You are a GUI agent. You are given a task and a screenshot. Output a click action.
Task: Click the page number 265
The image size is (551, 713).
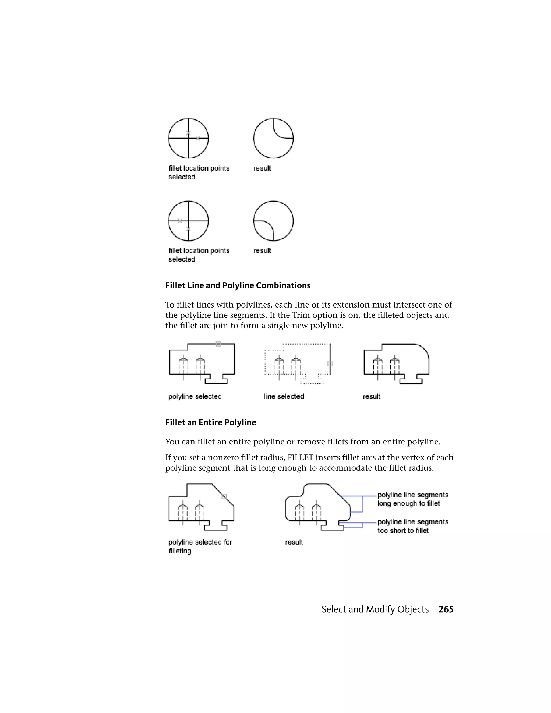(446, 609)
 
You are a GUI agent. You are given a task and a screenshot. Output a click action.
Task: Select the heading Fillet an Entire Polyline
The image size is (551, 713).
(211, 422)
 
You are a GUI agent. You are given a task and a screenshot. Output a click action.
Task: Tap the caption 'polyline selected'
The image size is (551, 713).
(195, 396)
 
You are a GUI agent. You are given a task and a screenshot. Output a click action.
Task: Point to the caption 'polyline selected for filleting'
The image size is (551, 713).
(200, 546)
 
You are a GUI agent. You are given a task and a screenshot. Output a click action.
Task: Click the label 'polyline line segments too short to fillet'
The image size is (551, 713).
(413, 526)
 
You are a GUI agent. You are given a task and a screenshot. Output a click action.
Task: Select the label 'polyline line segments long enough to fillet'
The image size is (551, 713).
(413, 499)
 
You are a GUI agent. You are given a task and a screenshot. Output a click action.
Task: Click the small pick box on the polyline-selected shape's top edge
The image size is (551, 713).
(218, 344)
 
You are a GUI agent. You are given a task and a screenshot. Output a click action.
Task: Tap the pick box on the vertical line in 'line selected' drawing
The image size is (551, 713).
(330, 364)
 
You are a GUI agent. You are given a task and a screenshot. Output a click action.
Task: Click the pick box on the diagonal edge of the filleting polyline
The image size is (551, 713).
(224, 497)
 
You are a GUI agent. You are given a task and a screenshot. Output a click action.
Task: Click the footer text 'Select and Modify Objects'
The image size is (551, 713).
(375, 609)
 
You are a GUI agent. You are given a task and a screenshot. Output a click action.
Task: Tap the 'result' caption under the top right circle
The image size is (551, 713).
(262, 168)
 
